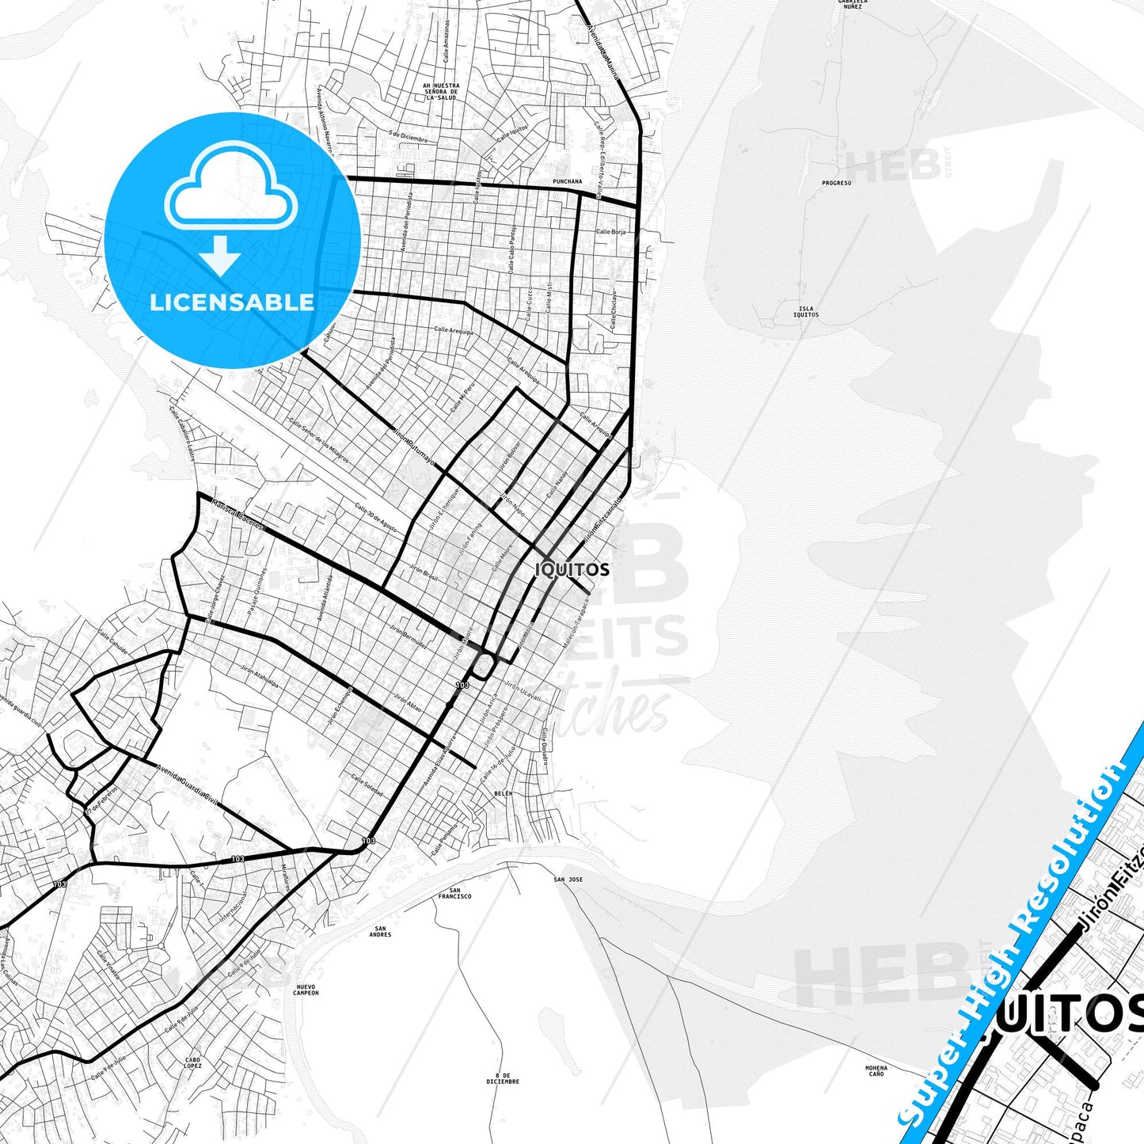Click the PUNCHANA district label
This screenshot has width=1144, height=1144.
click(x=567, y=181)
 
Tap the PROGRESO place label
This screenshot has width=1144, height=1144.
click(x=836, y=183)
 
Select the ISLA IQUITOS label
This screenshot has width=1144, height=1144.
click(x=806, y=312)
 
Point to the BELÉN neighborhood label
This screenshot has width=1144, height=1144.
click(x=503, y=792)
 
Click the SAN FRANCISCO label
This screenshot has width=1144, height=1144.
click(x=454, y=893)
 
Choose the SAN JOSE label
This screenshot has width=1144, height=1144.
click(x=568, y=880)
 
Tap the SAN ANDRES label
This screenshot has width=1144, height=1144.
click(x=380, y=931)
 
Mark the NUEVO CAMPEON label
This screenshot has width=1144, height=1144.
click(x=306, y=990)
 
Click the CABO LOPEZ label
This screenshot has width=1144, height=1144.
click(x=193, y=1062)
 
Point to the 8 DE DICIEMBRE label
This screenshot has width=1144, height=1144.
click(x=503, y=1078)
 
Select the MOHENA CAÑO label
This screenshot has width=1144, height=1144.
click(x=876, y=1070)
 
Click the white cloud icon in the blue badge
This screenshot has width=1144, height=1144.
click(x=230, y=194)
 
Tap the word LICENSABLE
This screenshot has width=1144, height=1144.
click(x=232, y=302)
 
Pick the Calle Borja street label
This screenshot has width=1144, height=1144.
click(x=610, y=232)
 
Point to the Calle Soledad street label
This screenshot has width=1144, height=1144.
click(x=367, y=785)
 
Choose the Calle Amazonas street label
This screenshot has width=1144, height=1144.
click(x=447, y=41)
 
